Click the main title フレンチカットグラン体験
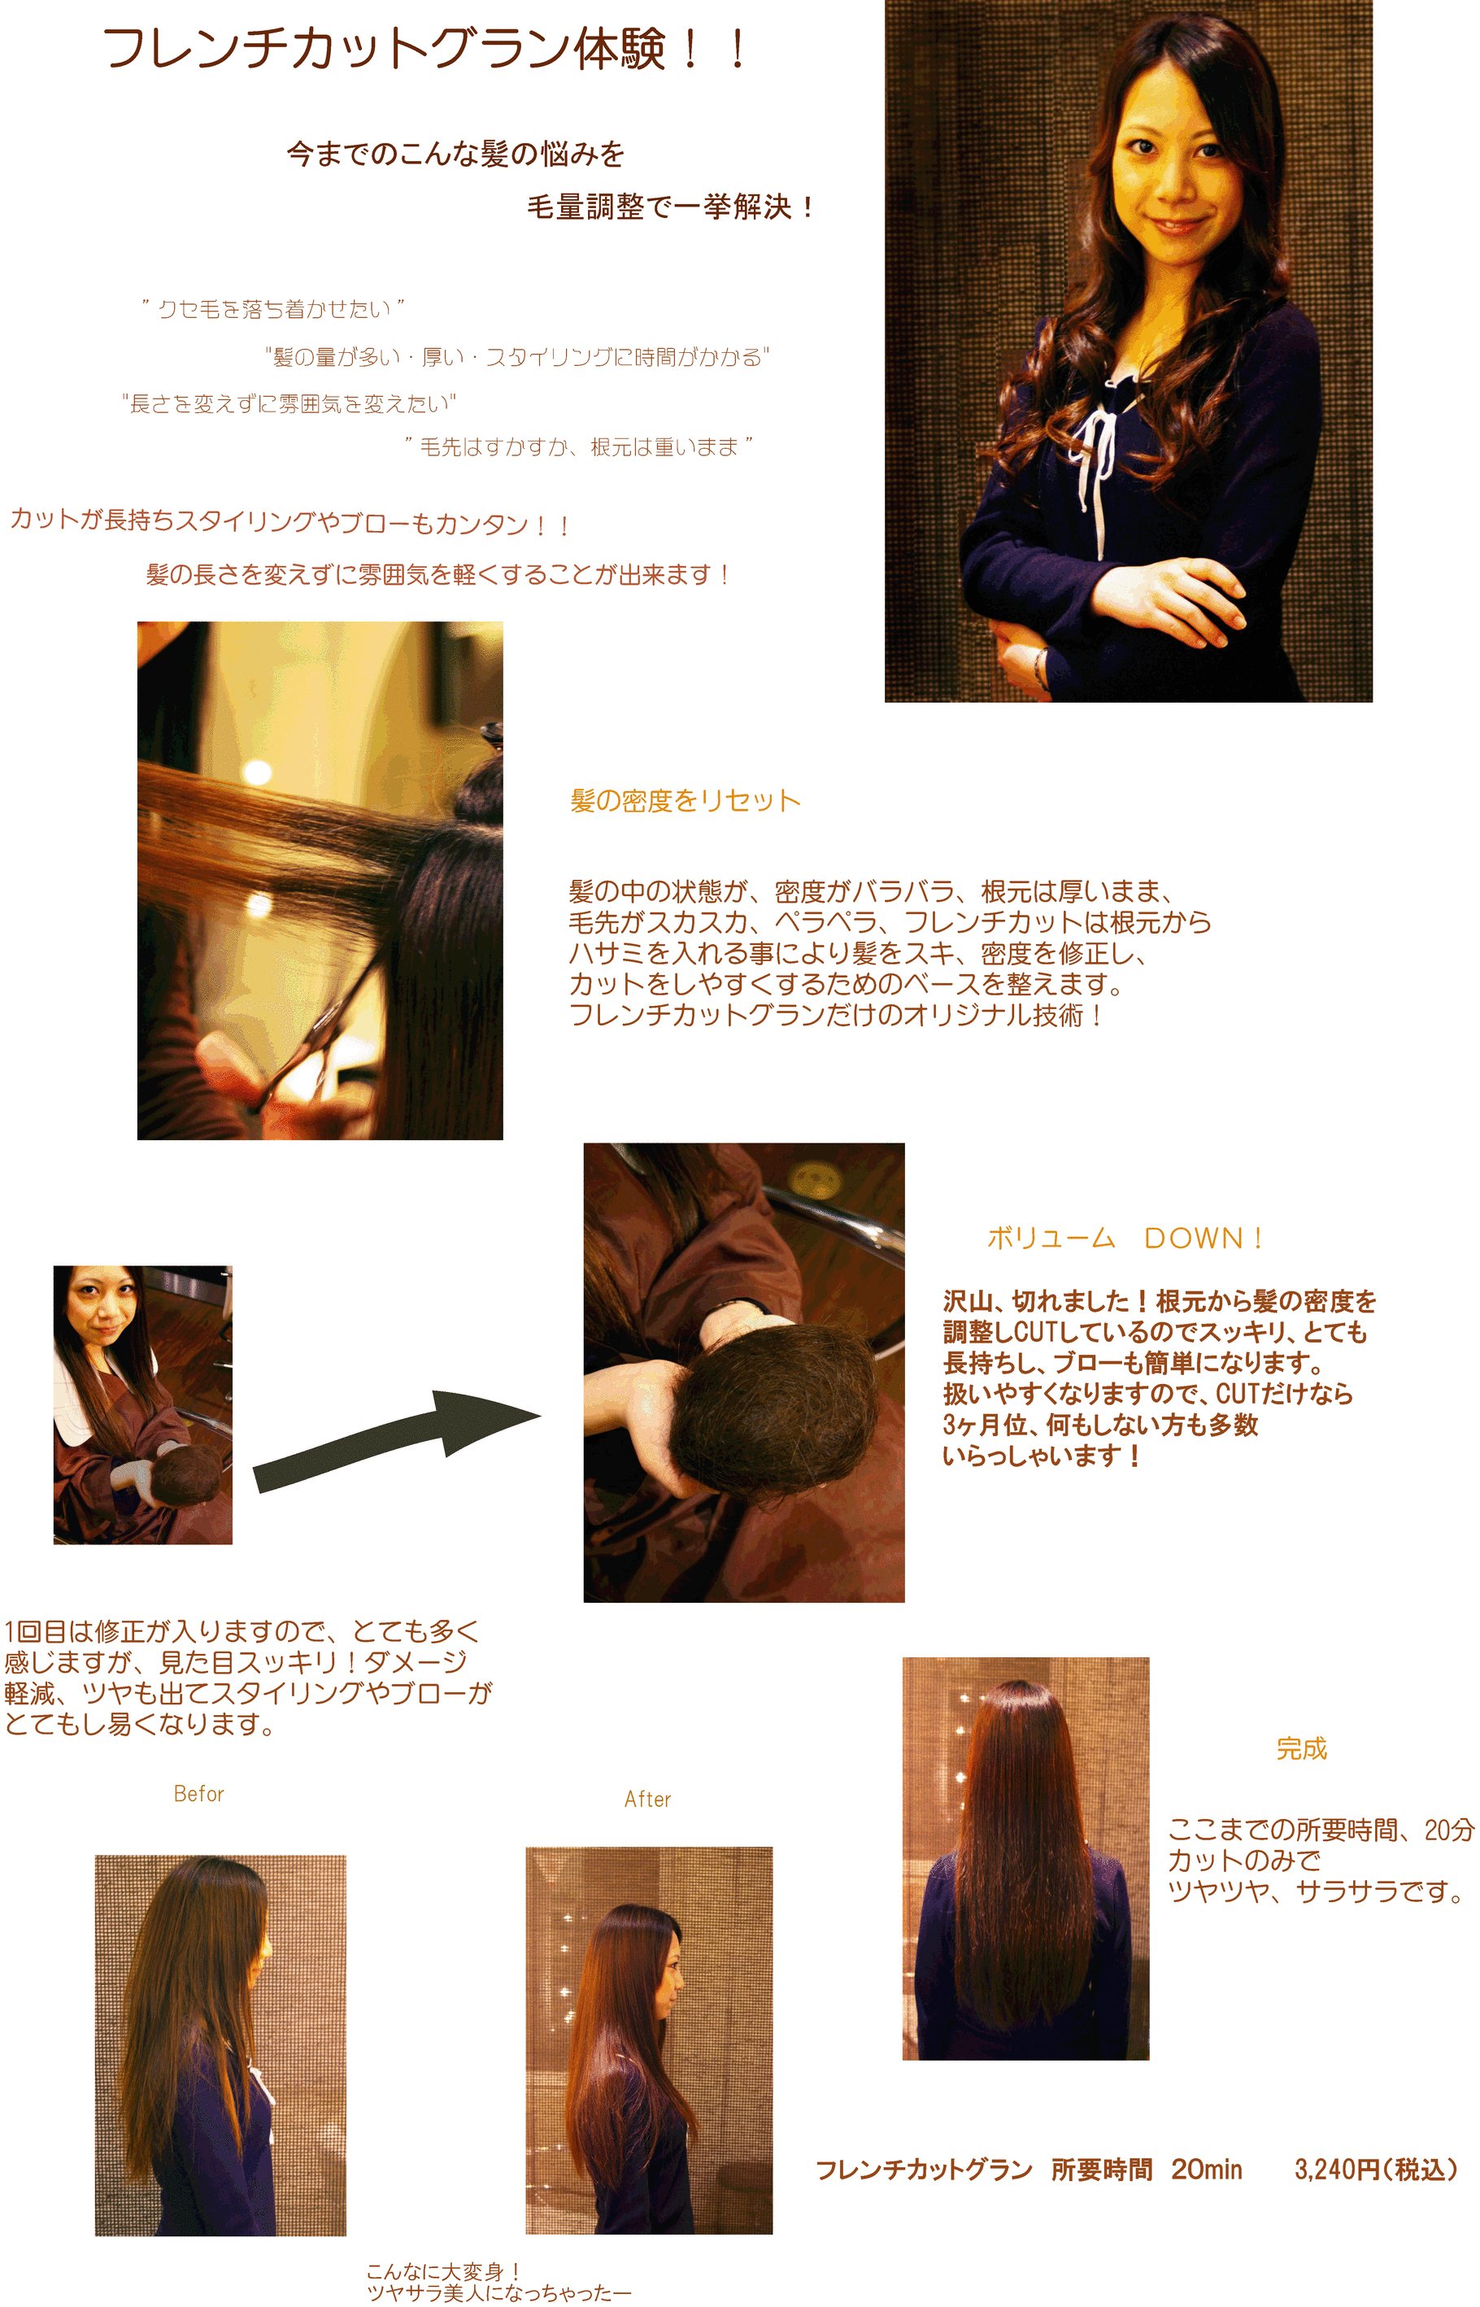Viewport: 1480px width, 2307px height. (385, 48)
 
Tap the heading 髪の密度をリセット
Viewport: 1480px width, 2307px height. (686, 800)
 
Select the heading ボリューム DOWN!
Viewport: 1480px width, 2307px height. (1125, 1238)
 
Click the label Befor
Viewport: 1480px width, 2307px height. (199, 1793)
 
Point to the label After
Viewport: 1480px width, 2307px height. (648, 1799)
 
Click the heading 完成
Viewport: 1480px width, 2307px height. (1301, 1748)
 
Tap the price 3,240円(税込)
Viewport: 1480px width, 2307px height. (1375, 2169)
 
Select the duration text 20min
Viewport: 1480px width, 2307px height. (1206, 2169)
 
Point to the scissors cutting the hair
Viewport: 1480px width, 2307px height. (317, 1033)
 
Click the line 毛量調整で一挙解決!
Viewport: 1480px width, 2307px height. (671, 207)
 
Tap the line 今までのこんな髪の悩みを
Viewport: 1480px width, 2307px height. (455, 154)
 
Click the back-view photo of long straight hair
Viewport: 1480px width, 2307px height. (1025, 1858)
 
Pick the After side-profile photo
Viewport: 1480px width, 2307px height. (649, 2040)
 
